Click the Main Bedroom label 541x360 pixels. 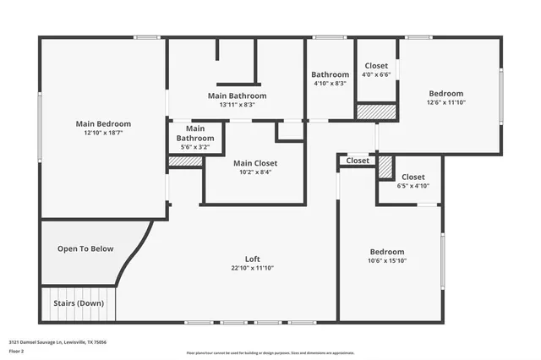click(102, 123)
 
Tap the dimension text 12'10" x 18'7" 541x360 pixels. click(102, 134)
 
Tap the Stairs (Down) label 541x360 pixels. click(78, 303)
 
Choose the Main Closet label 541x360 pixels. click(255, 163)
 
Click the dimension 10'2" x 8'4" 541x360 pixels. click(255, 172)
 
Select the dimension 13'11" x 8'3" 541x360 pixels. click(237, 105)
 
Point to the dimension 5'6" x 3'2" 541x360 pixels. click(194, 147)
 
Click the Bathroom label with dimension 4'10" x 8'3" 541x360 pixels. click(330, 74)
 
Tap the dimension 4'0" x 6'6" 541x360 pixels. click(376, 74)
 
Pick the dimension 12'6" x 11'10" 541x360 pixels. click(445, 102)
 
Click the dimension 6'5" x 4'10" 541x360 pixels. click(413, 186)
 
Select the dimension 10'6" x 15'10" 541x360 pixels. click(387, 261)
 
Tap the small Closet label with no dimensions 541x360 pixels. click(358, 160)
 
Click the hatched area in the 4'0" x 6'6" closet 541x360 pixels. click(376, 112)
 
